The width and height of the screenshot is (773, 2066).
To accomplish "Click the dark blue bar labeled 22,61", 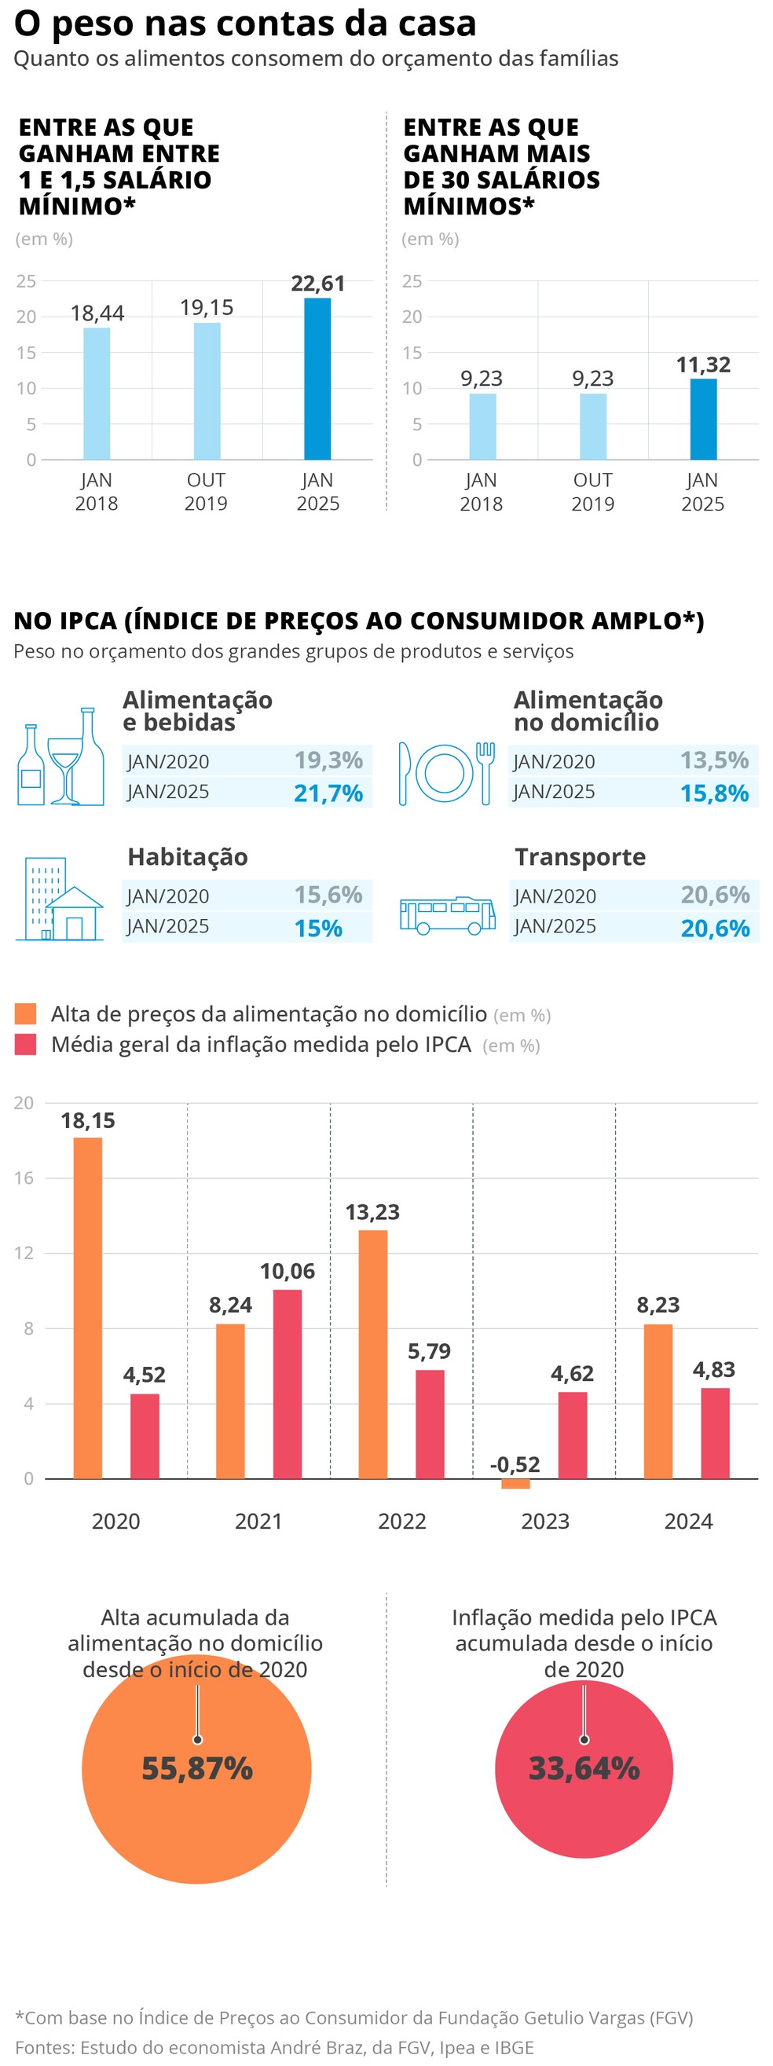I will (317, 379).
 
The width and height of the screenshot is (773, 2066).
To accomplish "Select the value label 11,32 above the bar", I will (703, 365).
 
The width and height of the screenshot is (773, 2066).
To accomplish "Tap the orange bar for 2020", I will (88, 1307).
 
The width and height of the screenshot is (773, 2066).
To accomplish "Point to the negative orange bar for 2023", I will (515, 1483).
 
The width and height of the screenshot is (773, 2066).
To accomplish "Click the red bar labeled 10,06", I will (287, 1383).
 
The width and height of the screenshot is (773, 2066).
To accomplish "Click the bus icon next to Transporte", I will (448, 915).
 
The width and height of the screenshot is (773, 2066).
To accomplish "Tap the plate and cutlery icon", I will (446, 774).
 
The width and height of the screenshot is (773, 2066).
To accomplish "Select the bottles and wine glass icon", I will (61, 758).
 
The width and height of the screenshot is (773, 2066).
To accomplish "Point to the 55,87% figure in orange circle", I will (197, 1768).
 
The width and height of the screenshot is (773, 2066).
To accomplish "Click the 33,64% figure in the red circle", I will (584, 1768).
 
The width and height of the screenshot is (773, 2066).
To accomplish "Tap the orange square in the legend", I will (26, 1013).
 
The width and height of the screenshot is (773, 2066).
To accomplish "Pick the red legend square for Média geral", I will (26, 1044).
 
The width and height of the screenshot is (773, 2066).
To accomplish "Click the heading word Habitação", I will (188, 856).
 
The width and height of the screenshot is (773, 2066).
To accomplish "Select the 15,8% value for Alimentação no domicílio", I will (713, 793).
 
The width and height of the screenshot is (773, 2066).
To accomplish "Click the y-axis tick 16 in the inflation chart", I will (24, 1178).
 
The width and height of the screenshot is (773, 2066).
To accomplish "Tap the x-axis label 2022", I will (401, 1521).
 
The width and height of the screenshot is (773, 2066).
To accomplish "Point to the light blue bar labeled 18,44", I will (97, 393).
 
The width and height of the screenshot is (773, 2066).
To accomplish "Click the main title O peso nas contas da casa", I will (245, 24).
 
